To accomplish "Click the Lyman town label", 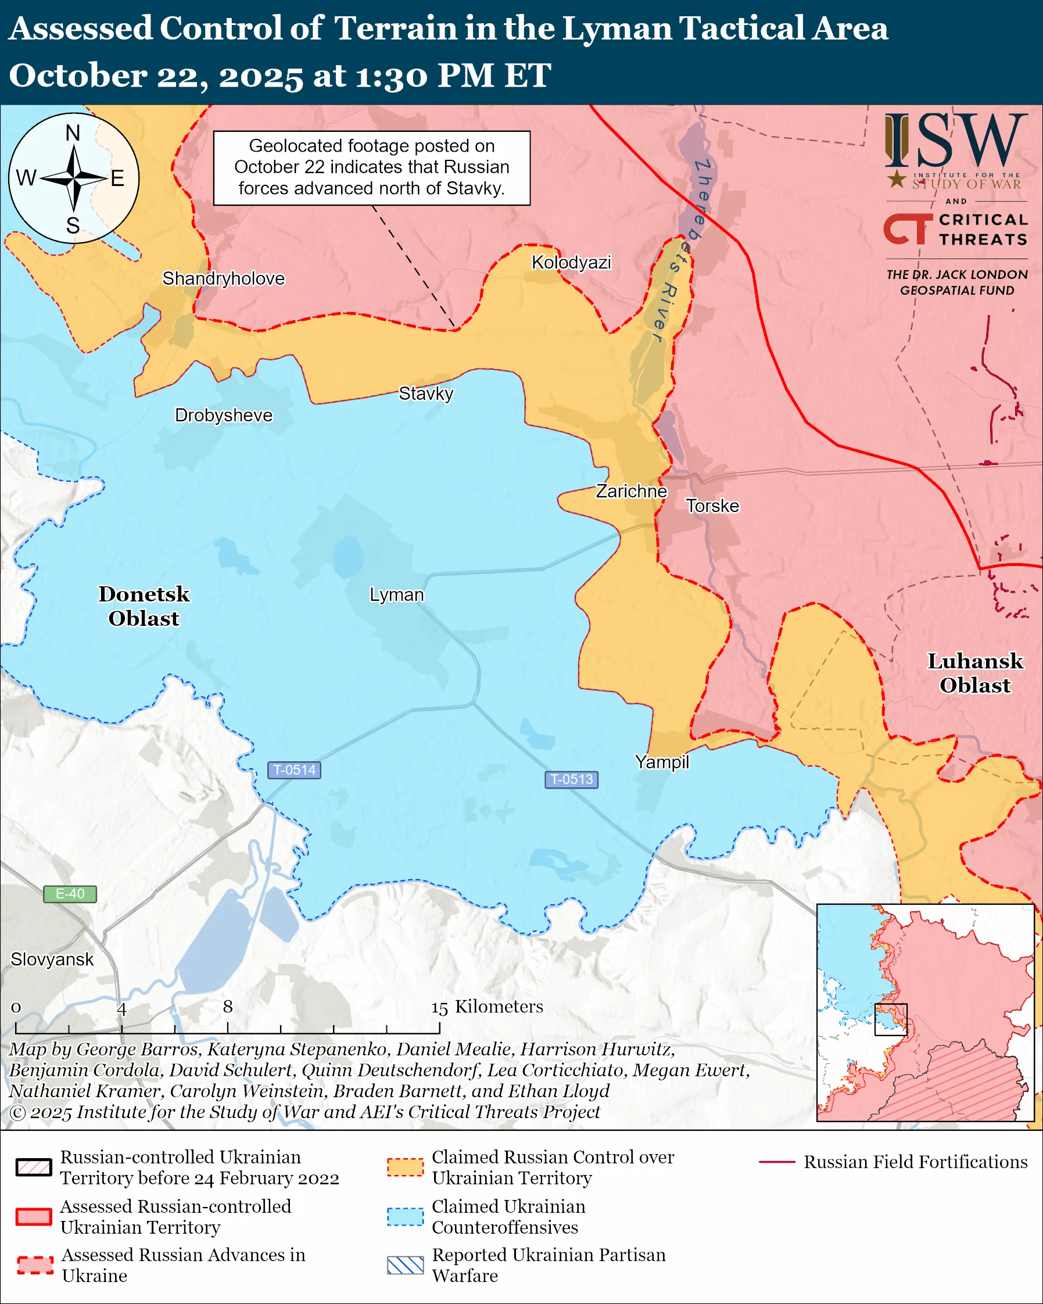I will point(397,594).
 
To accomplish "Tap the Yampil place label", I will point(661,761).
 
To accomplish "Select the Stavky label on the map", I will point(426,394).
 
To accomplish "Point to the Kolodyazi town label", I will point(571,262).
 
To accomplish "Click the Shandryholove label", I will point(223,278).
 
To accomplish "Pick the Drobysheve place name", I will point(223,415).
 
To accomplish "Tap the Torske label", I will point(712,506).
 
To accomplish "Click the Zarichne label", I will point(631,490).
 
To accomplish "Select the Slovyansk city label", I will point(52,959).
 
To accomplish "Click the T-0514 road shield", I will point(294,770).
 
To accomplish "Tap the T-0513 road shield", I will point(571,779).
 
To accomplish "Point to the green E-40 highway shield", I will point(70,894).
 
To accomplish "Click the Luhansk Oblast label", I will point(975,672).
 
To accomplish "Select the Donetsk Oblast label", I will point(144,606).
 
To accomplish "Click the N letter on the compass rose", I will point(73,132).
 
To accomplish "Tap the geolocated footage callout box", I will point(371,167).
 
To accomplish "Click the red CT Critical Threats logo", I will point(908,228).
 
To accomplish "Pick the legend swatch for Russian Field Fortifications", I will point(776,1162).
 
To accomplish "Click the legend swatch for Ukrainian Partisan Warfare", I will point(405,1265).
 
